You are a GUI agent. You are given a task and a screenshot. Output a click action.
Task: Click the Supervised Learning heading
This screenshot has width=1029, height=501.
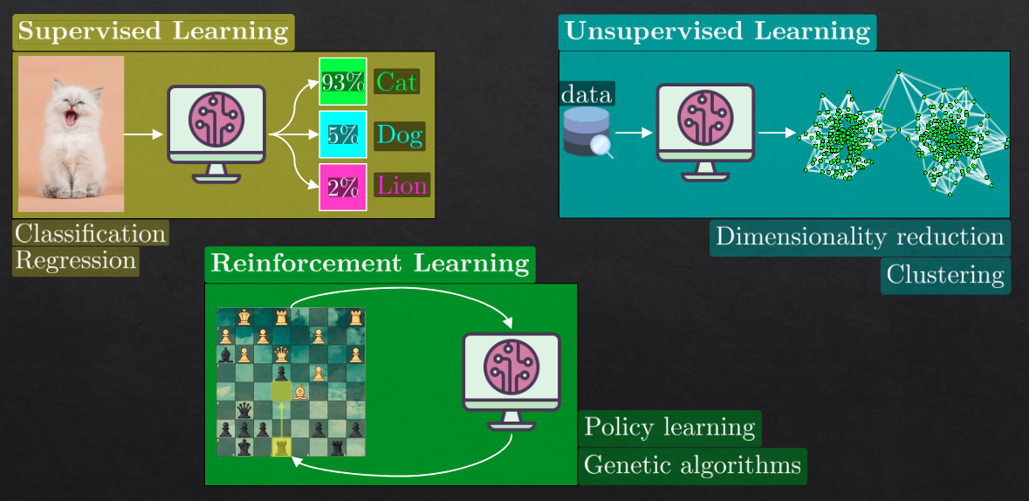[153, 32]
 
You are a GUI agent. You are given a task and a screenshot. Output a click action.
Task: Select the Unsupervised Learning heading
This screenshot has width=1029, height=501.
[717, 32]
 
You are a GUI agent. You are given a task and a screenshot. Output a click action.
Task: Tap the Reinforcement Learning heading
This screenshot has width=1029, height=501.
[369, 264]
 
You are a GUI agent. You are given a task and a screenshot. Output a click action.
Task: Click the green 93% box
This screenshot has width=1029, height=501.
[342, 82]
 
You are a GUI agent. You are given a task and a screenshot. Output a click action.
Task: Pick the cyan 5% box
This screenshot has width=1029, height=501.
[342, 134]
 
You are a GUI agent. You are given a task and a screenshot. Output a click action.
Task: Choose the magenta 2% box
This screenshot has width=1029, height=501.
[342, 187]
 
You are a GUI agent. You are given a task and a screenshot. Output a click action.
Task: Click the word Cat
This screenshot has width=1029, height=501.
[396, 82]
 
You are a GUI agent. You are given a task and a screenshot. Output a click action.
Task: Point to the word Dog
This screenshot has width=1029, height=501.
[399, 135]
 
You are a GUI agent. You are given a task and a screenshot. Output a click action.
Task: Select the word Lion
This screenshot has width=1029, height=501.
[401, 186]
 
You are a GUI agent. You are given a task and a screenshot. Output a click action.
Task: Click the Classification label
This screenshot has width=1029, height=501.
[90, 234]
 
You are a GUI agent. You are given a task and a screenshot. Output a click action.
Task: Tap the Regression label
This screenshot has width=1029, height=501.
[76, 260]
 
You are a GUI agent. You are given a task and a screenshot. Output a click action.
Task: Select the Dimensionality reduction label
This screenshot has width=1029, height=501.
[859, 237]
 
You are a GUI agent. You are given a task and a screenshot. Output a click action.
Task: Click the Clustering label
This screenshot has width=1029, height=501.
[945, 275]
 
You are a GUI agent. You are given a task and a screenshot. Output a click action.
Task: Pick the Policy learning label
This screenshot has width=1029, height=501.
[669, 428]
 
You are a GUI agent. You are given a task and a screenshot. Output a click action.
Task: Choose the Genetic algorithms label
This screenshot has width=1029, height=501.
[692, 464]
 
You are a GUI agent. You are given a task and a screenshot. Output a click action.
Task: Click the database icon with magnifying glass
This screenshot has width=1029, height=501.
[587, 132]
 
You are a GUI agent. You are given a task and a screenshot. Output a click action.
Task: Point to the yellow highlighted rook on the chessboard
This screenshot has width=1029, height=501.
[281, 447]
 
